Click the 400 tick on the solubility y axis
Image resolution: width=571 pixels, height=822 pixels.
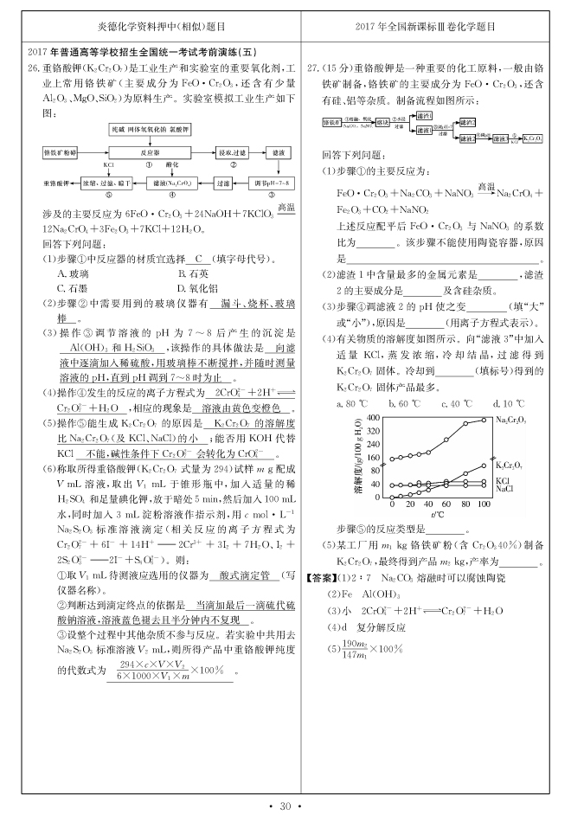tap(374, 417)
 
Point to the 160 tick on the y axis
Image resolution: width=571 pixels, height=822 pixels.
tap(374, 458)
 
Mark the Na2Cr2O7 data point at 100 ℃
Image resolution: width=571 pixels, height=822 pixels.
tap(484, 421)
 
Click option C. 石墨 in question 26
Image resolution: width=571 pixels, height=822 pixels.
tap(75, 287)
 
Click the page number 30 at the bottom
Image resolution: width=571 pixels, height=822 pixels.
tap(285, 806)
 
